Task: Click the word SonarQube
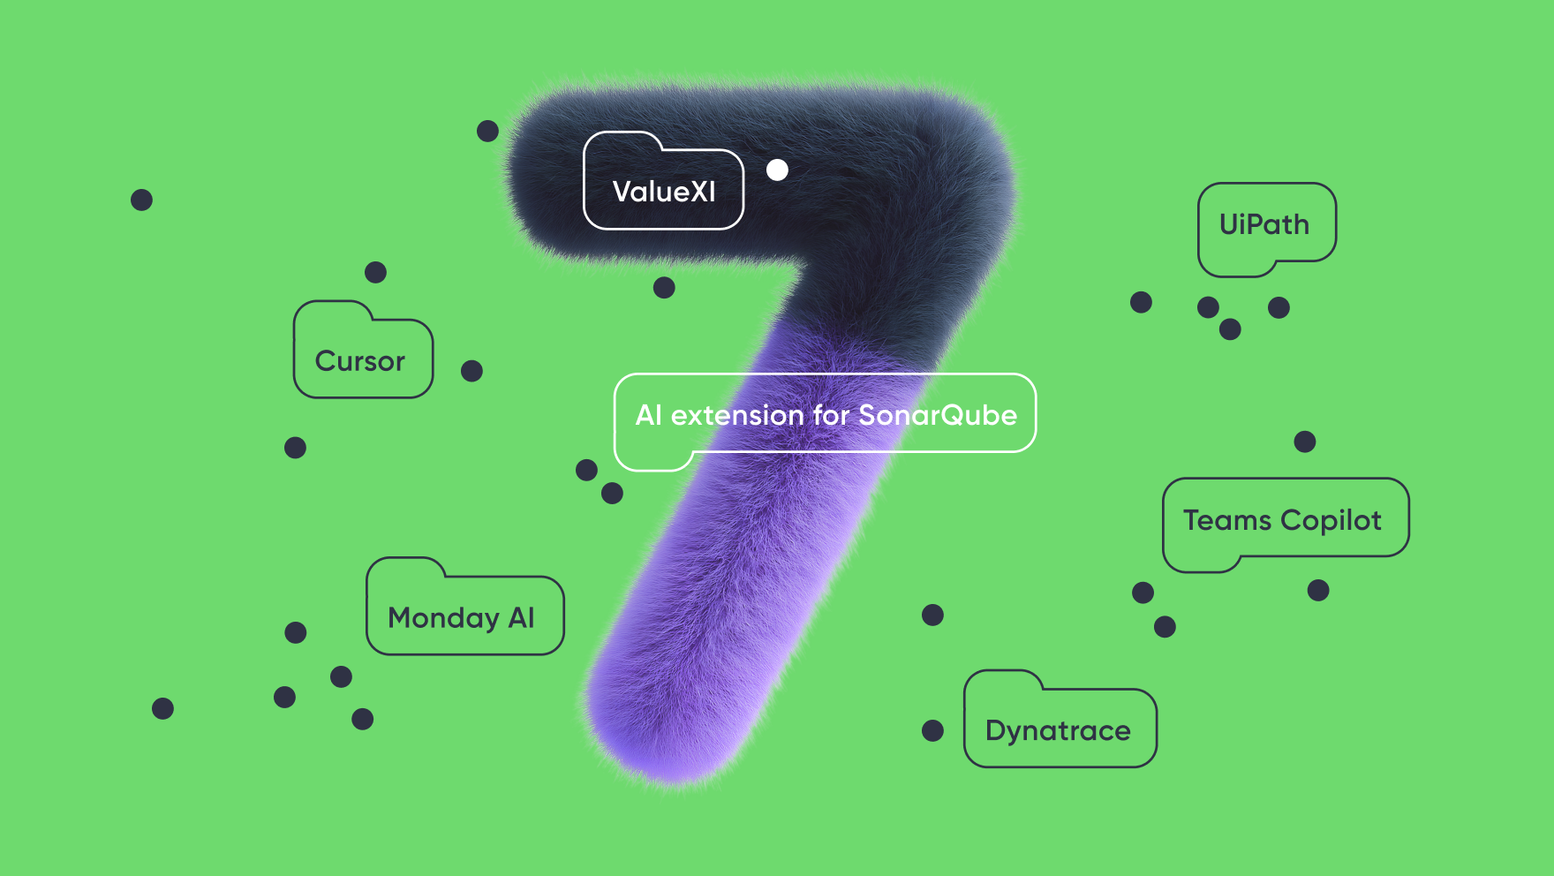click(938, 415)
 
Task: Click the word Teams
click(1227, 520)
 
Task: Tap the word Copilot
click(1331, 521)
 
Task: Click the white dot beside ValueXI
click(777, 170)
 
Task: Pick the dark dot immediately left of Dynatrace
click(932, 730)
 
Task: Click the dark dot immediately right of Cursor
click(471, 371)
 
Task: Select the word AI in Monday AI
click(522, 617)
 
